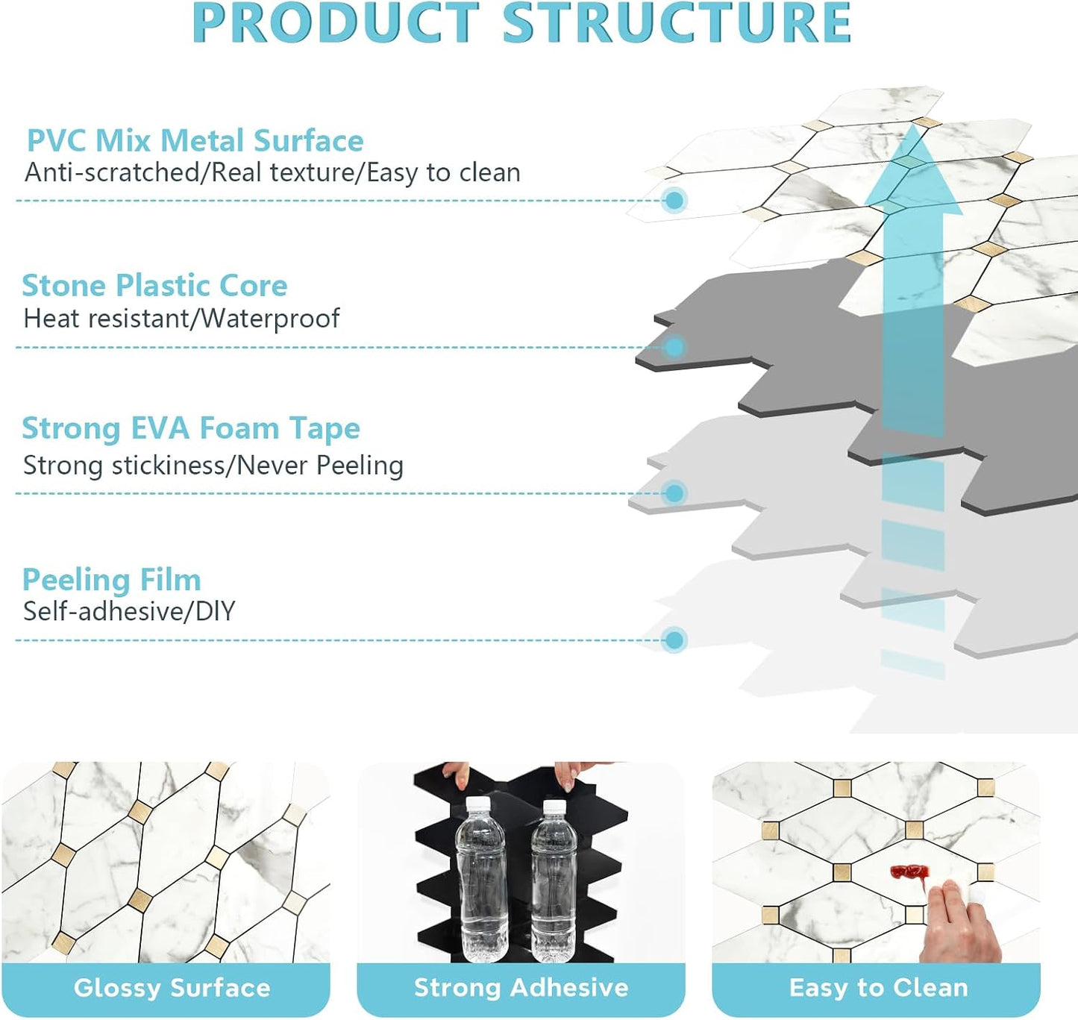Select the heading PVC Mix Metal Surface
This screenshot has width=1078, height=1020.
[x=195, y=140]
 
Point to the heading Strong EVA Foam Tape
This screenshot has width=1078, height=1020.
[x=191, y=428]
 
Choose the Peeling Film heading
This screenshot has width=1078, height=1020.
[x=112, y=580]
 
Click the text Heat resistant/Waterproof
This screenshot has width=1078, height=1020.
[x=181, y=319]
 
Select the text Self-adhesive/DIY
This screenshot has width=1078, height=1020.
[x=129, y=611]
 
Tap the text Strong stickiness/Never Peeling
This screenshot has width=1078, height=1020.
[x=213, y=466]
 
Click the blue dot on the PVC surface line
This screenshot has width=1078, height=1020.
[x=674, y=200]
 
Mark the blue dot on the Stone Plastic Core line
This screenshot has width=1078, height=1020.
[x=674, y=346]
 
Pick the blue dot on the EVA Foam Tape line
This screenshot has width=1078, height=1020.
[x=674, y=493]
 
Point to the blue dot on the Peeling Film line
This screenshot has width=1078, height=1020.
[x=674, y=639]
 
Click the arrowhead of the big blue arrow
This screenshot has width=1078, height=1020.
[x=914, y=170]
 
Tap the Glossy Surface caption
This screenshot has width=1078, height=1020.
[x=172, y=988]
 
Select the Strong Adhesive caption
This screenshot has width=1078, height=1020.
[x=521, y=987]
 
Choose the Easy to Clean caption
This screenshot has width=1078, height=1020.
[x=878, y=988]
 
